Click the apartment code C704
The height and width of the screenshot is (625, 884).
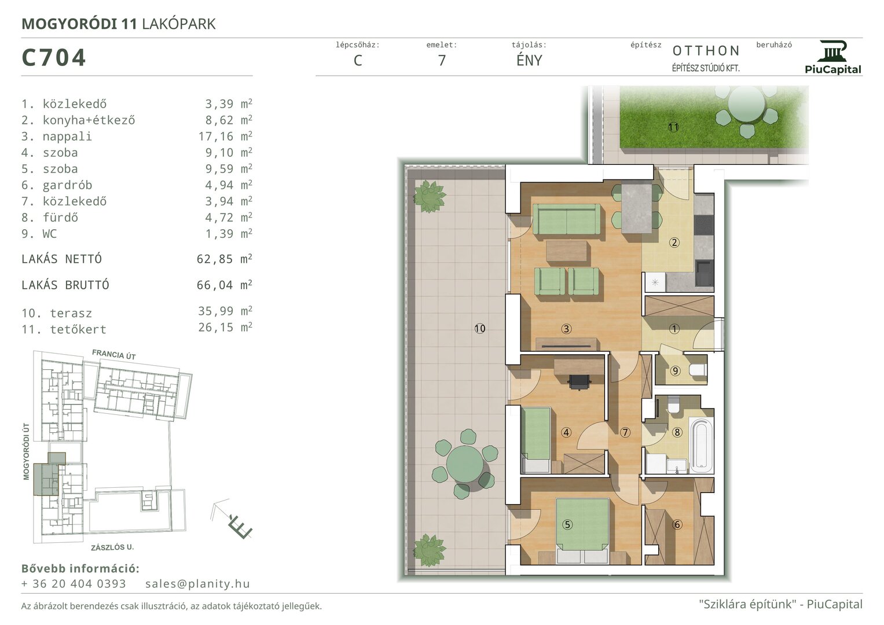coord(54,58)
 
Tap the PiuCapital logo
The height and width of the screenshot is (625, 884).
coord(832,57)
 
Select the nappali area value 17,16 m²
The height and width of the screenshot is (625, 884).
coord(225,136)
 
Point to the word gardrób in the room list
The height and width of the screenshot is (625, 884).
coord(68,185)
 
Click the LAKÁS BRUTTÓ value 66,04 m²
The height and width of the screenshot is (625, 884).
coord(224,285)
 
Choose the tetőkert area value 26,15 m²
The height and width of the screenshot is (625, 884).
coord(225,327)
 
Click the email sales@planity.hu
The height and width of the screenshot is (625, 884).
coord(198,583)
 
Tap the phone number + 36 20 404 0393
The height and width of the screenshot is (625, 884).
coord(74,583)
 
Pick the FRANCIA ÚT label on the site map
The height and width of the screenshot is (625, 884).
coord(114,354)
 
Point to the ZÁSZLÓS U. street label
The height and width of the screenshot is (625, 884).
coord(112,547)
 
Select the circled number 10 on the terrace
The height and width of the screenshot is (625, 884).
coord(480,328)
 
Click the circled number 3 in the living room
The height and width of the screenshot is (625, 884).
coord(566,329)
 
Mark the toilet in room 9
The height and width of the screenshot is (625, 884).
coord(698,370)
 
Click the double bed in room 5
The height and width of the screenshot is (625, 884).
coord(582,531)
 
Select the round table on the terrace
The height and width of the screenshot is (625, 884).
coord(465,463)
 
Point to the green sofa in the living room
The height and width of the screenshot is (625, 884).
coord(567,220)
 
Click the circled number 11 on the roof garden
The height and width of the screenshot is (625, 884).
coord(673,127)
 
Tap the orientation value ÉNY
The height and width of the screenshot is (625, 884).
coord(529,60)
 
